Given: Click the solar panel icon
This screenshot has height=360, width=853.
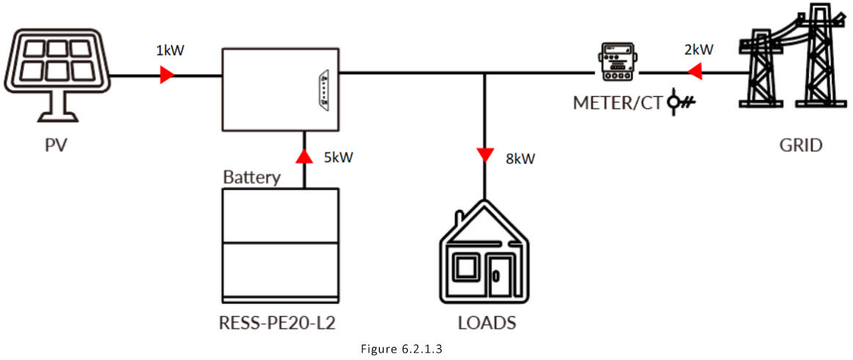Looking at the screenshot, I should (x=56, y=68).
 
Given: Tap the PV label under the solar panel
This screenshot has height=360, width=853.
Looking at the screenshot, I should (x=56, y=144).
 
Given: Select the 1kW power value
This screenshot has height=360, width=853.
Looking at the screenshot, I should (x=169, y=51).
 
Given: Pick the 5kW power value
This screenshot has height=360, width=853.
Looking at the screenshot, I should (x=338, y=156).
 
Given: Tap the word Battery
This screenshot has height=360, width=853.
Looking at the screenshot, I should (x=252, y=177).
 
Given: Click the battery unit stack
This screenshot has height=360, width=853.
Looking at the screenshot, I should (x=281, y=245).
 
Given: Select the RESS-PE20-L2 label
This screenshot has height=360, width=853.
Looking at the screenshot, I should (x=281, y=322).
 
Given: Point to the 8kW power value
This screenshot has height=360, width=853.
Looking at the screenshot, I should (x=519, y=156).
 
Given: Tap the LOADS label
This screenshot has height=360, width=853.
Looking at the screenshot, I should (x=486, y=323).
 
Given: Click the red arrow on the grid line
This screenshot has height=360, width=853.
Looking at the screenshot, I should (x=693, y=72).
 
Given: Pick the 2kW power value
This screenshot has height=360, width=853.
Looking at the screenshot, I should (x=698, y=50).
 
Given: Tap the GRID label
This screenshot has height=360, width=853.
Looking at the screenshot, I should (x=800, y=145).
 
